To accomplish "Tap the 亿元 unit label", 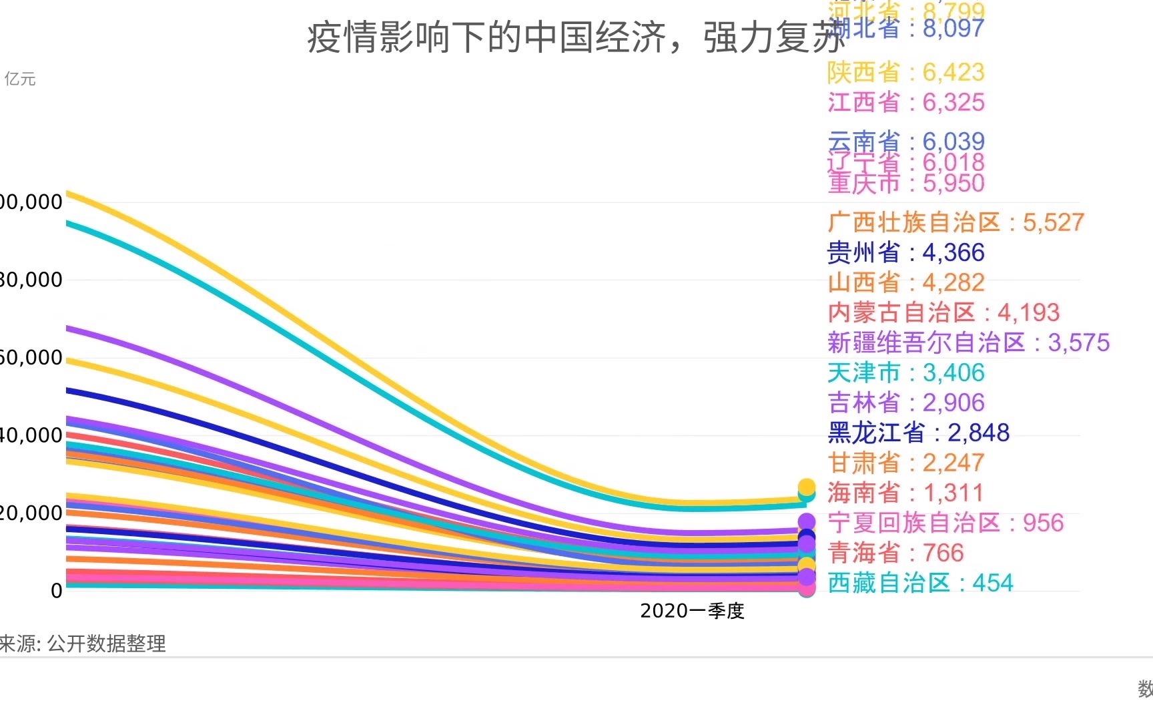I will [20, 79].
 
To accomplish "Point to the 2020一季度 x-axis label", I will [692, 611].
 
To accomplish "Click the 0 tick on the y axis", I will [57, 591].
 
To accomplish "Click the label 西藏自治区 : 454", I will [920, 583].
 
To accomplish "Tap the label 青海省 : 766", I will [895, 553].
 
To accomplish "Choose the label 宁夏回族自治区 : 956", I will [945, 523].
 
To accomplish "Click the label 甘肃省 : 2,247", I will [905, 463].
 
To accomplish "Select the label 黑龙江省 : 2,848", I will [918, 433].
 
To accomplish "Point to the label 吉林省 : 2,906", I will [905, 403].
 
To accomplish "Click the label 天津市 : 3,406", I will [905, 373].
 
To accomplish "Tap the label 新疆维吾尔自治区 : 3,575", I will [968, 342].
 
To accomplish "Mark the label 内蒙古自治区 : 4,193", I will [943, 312].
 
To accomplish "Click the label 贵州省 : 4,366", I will [905, 252].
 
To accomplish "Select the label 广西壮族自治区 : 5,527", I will [955, 222].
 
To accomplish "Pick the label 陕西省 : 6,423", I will [905, 72].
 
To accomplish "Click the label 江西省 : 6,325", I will [905, 102].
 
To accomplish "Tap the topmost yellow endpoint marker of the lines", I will [807, 487].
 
